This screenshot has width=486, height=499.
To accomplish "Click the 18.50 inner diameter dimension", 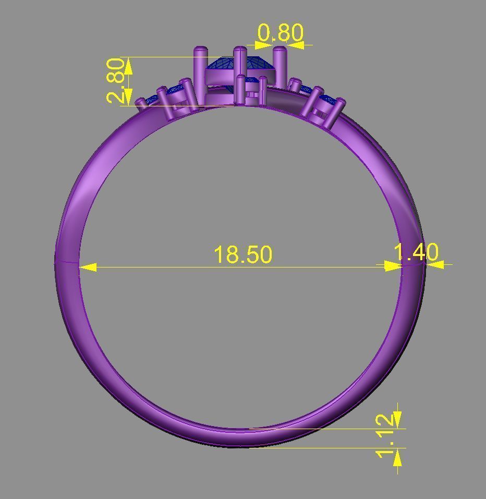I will pos(243,254).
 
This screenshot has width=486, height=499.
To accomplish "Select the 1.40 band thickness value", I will pos(416,252).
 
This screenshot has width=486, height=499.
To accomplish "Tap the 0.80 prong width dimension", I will pos(281,33).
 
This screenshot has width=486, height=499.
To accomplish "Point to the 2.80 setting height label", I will pos(116,81).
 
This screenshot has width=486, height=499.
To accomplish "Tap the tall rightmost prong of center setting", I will pos(280,65).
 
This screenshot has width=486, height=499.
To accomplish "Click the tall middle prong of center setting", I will pos(240,65).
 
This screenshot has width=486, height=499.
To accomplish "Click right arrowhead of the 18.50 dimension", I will pos(393,266).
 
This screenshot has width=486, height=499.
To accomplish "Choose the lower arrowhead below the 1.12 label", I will pos(397,457).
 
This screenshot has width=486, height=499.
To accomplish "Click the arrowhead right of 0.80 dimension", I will pos(295,45).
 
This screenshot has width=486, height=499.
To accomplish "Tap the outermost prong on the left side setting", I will pos(141,104).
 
